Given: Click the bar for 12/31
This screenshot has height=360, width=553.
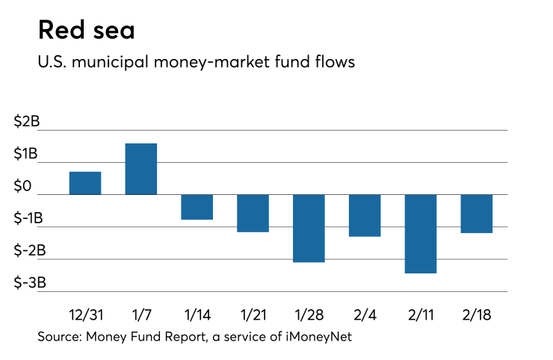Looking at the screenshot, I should pyautogui.click(x=84, y=183).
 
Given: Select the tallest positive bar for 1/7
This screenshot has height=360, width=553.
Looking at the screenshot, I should pyautogui.click(x=140, y=169).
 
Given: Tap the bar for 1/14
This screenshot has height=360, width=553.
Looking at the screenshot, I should pyautogui.click(x=197, y=207).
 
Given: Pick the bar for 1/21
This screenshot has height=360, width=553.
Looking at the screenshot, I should pyautogui.click(x=253, y=213).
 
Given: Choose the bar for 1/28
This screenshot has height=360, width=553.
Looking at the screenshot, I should pyautogui.click(x=309, y=228).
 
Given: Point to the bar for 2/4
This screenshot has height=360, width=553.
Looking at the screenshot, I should pyautogui.click(x=365, y=215).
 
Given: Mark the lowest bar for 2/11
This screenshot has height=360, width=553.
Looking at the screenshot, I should pyautogui.click(x=421, y=234).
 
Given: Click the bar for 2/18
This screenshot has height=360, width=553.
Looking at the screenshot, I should pyautogui.click(x=477, y=214).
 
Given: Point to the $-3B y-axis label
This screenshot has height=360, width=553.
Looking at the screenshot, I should pyautogui.click(x=30, y=283).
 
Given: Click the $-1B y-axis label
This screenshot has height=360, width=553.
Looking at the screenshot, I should pyautogui.click(x=30, y=219).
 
